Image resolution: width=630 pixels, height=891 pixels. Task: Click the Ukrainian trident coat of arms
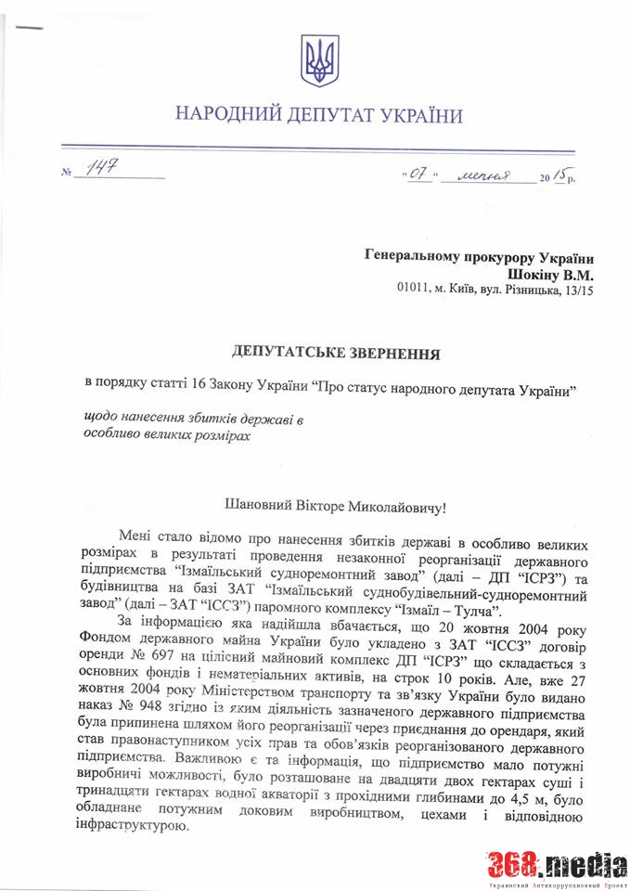coord(319,61)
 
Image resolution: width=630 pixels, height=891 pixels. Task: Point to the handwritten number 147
coord(104,168)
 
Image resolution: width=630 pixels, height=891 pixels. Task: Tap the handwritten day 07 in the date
coord(418,174)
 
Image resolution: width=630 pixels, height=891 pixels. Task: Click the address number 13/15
coord(576,291)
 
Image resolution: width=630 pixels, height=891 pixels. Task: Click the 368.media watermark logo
coord(557,865)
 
